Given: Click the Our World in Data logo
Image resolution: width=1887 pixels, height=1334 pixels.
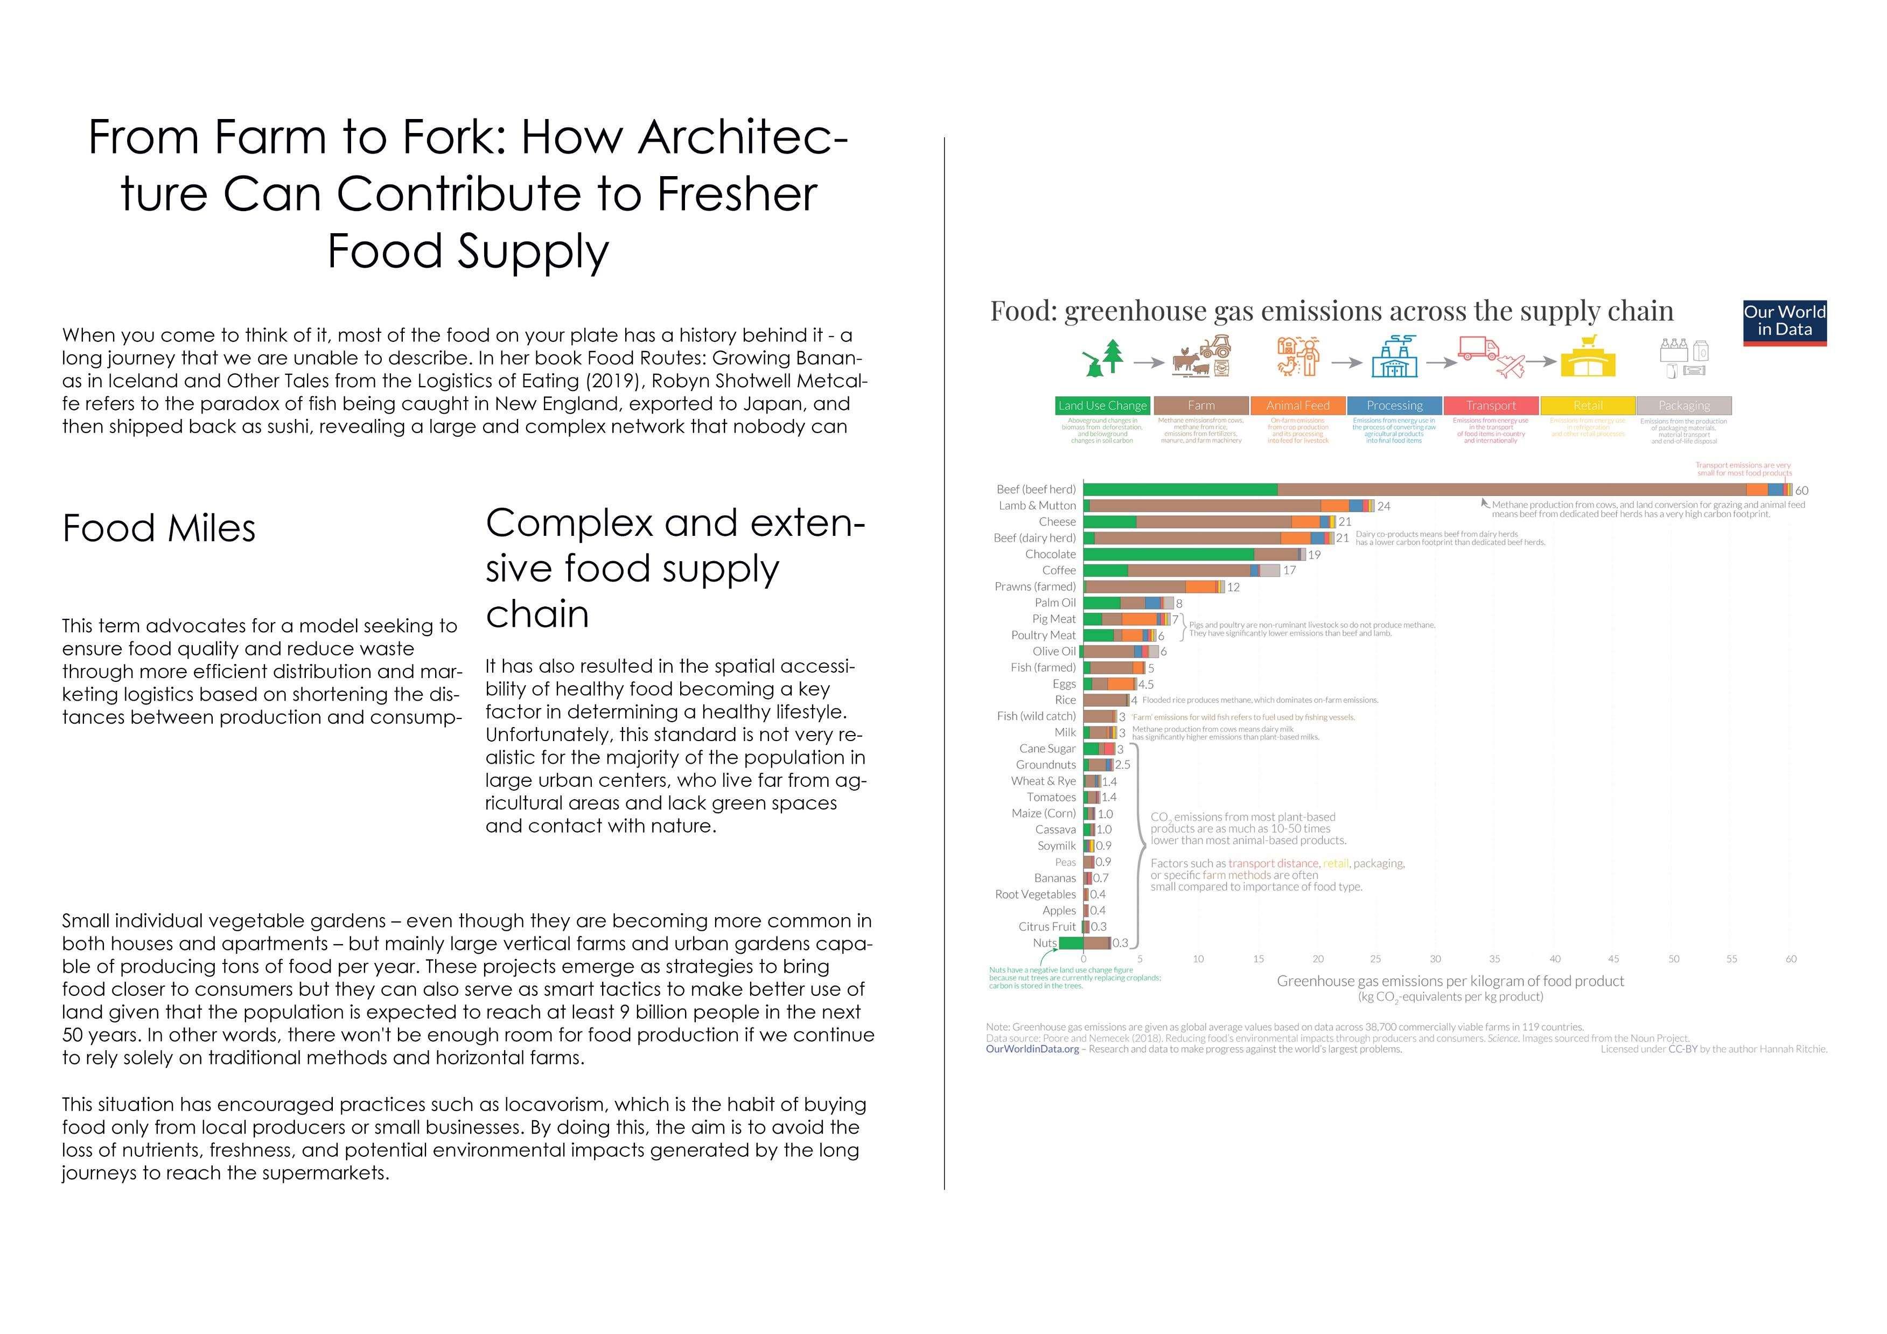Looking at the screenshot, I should click(x=1784, y=322).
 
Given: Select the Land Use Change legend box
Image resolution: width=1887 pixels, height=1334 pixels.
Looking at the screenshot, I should click(x=1102, y=405).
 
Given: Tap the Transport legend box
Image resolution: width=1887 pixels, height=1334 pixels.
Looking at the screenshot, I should click(x=1491, y=405).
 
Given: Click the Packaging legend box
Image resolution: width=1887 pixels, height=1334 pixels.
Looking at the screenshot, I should click(x=1683, y=405).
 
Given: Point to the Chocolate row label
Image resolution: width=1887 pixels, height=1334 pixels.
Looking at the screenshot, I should click(x=1050, y=554).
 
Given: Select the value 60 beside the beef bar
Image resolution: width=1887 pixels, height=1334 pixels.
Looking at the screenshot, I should click(x=1801, y=491).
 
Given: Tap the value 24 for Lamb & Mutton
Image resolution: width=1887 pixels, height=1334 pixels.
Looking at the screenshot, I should click(x=1384, y=506).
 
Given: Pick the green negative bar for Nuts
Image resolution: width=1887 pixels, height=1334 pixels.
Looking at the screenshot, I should click(x=1071, y=943).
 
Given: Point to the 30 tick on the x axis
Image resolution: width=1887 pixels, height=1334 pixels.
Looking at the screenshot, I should click(x=1435, y=959).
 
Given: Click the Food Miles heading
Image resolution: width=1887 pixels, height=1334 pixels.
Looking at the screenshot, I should click(x=159, y=528).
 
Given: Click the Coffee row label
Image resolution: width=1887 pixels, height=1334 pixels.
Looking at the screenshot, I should click(x=1059, y=570).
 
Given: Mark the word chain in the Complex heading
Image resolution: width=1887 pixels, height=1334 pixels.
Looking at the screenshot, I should click(x=537, y=614).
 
